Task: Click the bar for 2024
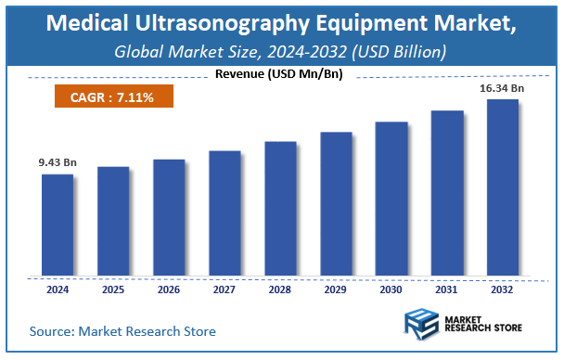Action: tap(57, 225)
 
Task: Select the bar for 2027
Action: tap(224, 212)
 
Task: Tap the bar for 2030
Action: tap(391, 199)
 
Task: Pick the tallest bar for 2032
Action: tap(503, 187)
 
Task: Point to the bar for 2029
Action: tap(336, 204)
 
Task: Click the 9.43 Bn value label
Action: tap(58, 163)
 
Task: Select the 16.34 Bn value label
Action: tap(503, 88)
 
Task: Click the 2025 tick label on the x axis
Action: tap(113, 289)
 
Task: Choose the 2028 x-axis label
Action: tap(280, 289)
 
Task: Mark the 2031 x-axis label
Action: tap(447, 289)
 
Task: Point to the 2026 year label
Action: tap(169, 289)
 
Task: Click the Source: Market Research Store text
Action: tap(122, 330)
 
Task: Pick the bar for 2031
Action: tap(447, 193)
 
